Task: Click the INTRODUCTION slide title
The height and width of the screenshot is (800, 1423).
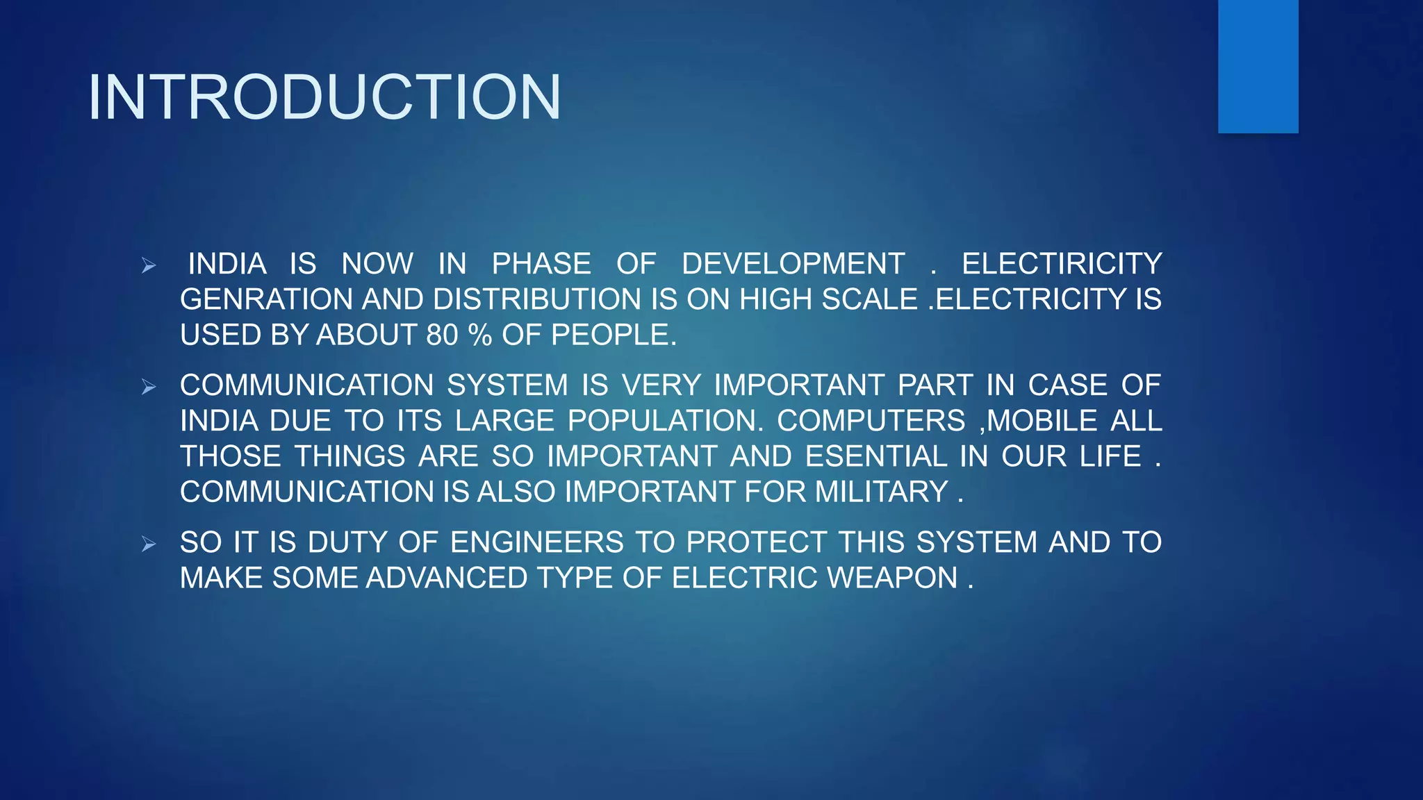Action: [x=324, y=97]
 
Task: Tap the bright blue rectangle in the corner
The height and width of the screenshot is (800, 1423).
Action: [x=1258, y=66]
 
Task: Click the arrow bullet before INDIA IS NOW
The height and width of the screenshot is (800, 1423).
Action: [x=149, y=265]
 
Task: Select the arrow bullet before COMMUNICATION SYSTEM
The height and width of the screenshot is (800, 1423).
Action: [x=149, y=387]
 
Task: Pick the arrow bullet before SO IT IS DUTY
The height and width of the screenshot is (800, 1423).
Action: [x=149, y=544]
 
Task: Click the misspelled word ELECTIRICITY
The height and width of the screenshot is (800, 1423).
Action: [x=1061, y=264]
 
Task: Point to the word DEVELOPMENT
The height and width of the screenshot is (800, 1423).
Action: [x=793, y=264]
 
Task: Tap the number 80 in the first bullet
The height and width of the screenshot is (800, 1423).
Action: [x=442, y=335]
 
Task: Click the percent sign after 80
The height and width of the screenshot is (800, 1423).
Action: [x=479, y=335]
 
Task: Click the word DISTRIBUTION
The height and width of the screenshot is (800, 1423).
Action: [x=537, y=299]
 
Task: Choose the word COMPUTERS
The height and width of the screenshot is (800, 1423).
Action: [x=871, y=421]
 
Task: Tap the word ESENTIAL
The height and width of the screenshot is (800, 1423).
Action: [x=875, y=456]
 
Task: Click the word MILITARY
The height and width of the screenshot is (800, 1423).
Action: [x=881, y=492]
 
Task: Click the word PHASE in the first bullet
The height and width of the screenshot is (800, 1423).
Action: [x=541, y=264]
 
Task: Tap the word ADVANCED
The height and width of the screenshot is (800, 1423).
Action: [x=447, y=578]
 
